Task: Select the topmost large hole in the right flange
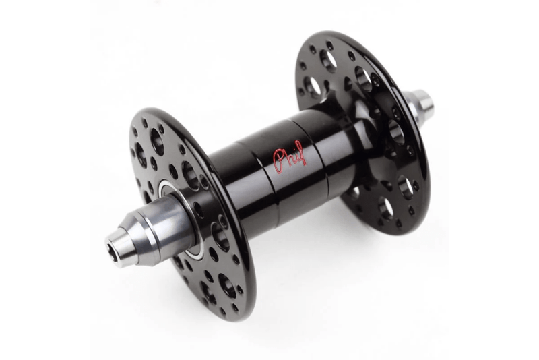click(x=328, y=61)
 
